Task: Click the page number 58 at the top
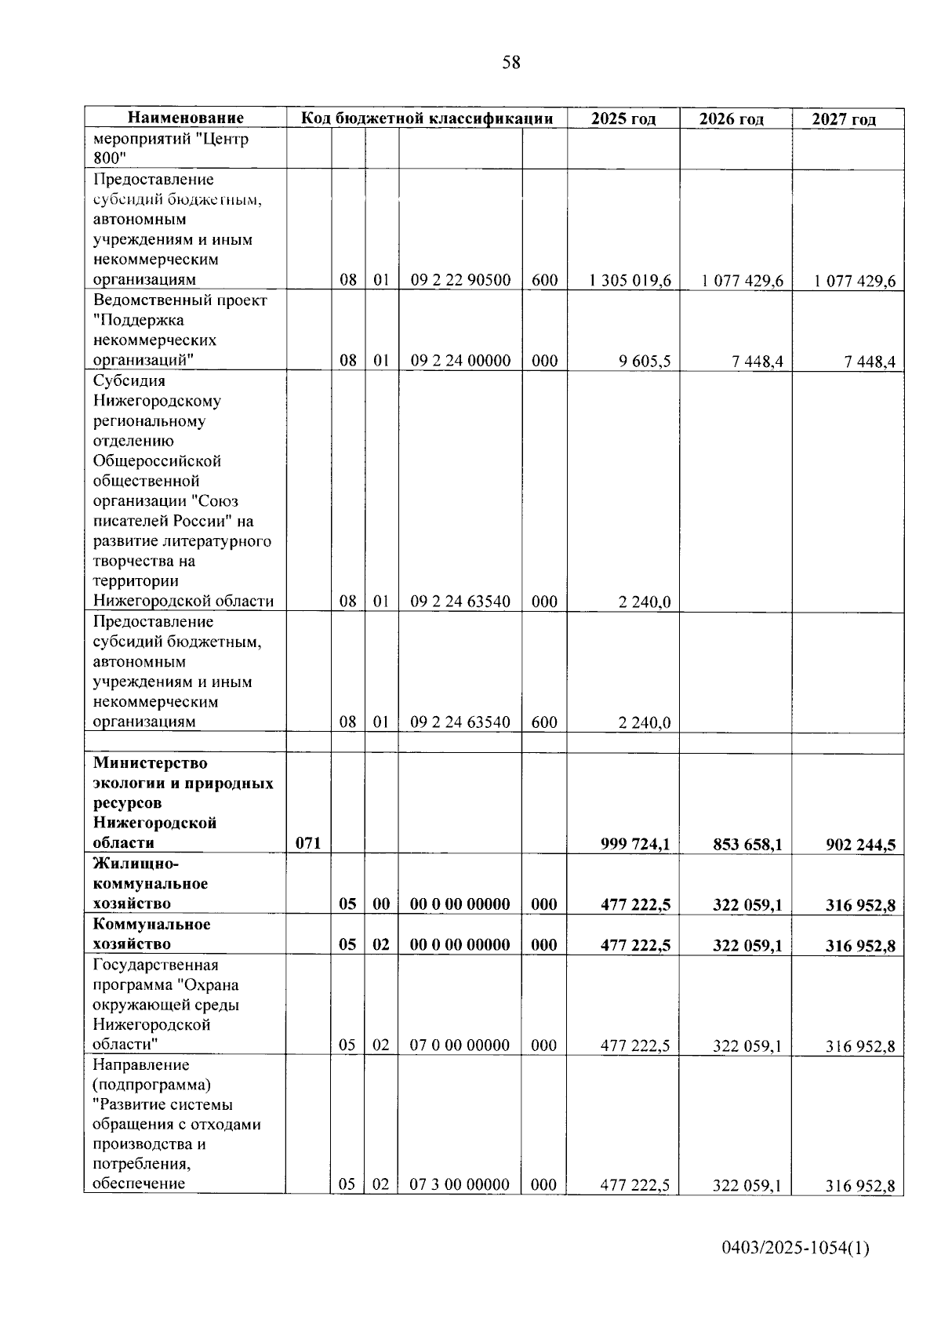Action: [x=510, y=63]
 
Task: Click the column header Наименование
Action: [x=186, y=118]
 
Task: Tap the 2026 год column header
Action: [x=731, y=119]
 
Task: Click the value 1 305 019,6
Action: [x=631, y=281]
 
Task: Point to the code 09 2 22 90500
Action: [x=460, y=280]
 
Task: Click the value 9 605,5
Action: [x=648, y=362]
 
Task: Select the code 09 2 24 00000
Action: [x=460, y=361]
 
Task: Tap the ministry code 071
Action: [x=308, y=843]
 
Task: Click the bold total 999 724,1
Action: [x=635, y=844]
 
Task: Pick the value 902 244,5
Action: [x=860, y=845]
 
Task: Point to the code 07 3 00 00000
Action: [x=460, y=1184]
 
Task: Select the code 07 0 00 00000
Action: [x=460, y=1045]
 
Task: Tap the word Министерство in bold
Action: [x=151, y=763]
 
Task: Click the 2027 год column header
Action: [x=844, y=119]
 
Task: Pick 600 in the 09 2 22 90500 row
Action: [x=544, y=280]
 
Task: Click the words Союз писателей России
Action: [x=180, y=511]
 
